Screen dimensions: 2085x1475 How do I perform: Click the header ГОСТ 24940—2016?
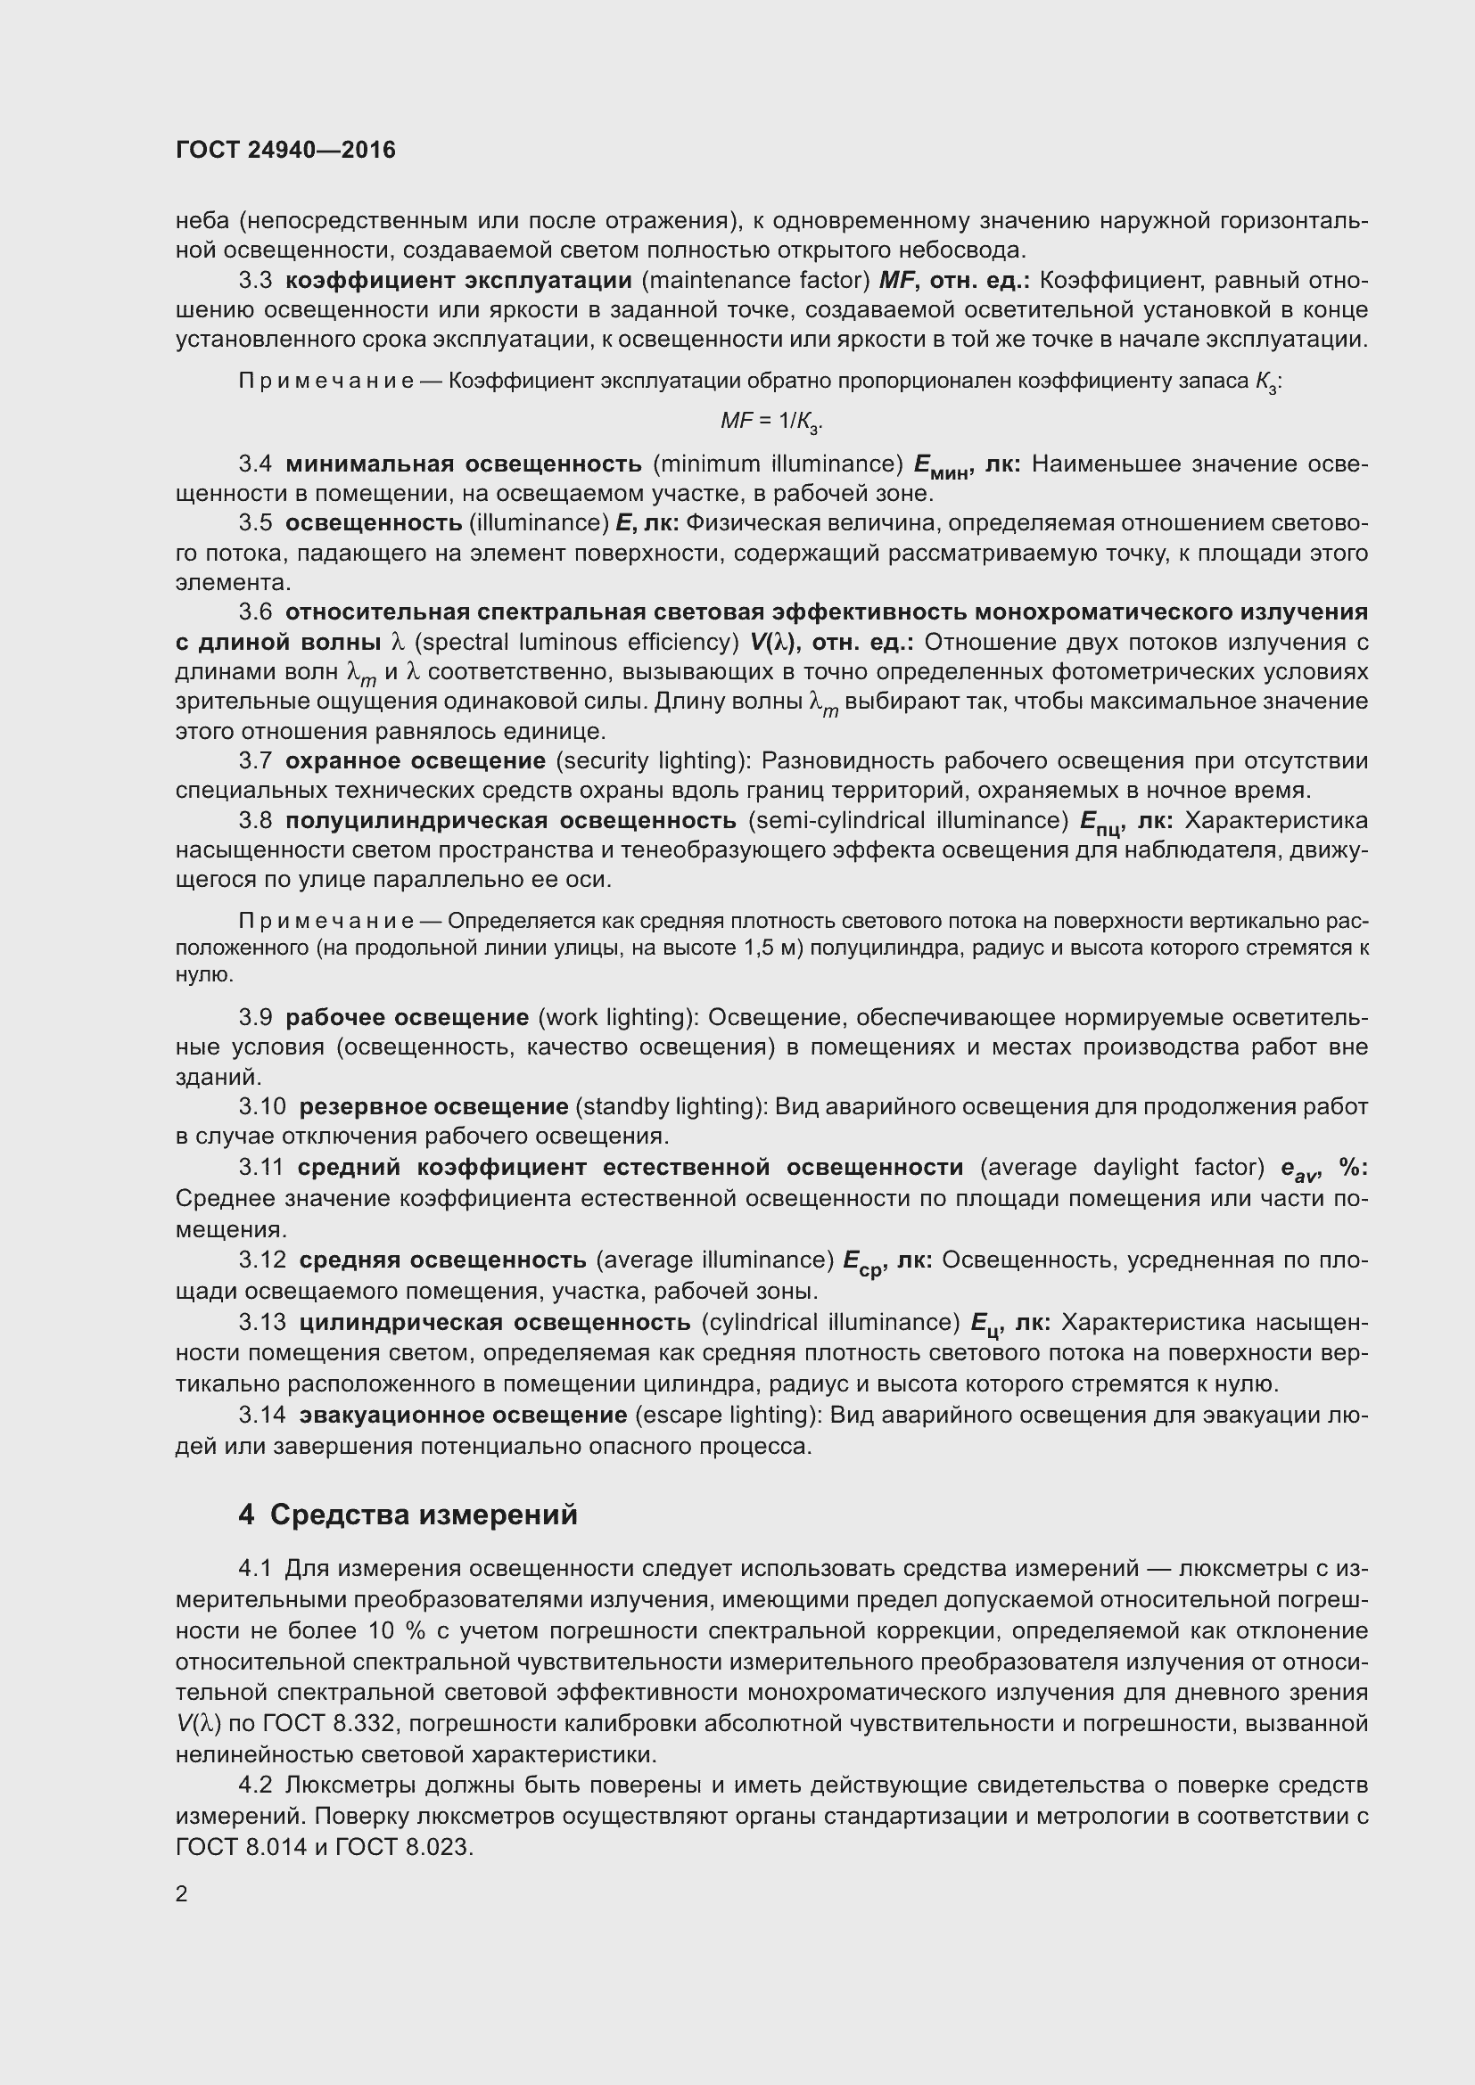[285, 150]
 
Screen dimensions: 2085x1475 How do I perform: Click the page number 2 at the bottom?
[182, 1893]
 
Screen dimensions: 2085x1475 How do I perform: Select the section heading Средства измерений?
[424, 1514]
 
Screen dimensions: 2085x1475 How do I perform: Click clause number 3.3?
[255, 281]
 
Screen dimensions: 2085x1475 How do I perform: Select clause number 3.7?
[255, 761]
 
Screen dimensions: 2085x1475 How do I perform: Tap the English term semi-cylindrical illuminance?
[908, 821]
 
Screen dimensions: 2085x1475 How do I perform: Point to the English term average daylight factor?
[1123, 1168]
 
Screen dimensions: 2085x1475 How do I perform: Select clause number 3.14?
[261, 1415]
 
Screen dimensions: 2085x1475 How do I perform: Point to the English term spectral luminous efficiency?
[577, 643]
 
